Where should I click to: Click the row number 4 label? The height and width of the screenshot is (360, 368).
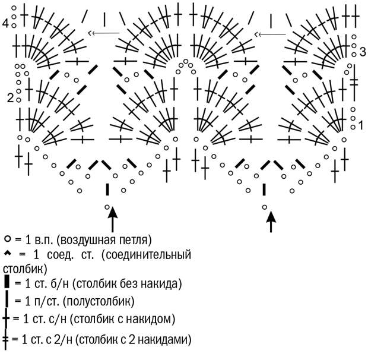coord(5,23)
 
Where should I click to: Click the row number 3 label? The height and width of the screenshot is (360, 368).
coord(363,52)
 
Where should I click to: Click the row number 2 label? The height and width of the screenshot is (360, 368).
coord(10,98)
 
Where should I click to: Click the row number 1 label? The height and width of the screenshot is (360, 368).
coord(361,125)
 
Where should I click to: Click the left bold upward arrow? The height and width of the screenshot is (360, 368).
coord(113,219)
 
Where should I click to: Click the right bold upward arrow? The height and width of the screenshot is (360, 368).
coord(271,222)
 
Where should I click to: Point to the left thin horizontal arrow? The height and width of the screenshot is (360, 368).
coord(104,33)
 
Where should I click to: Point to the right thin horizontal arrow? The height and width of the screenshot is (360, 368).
coord(271,34)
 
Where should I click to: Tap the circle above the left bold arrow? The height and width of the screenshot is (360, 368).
coord(107,207)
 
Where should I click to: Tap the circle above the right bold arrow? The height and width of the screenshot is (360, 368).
coord(265,207)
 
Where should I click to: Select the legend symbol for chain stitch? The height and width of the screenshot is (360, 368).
coord(8,239)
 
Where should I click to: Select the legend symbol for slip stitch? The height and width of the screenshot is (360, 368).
coord(8,253)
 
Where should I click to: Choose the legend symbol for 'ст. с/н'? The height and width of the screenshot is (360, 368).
coord(6,319)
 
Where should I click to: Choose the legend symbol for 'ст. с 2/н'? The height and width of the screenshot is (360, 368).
coord(5,340)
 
